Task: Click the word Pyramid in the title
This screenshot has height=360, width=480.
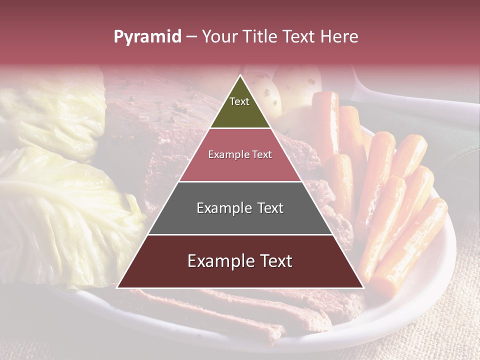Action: tap(147, 37)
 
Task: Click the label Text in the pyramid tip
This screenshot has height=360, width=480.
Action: tap(239, 101)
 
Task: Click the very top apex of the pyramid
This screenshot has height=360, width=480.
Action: tap(240, 75)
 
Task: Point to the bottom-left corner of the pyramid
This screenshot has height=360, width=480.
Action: tap(117, 287)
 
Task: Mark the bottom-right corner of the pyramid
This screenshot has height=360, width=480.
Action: tap(363, 287)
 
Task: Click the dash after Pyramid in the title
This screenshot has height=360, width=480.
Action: tap(191, 37)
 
